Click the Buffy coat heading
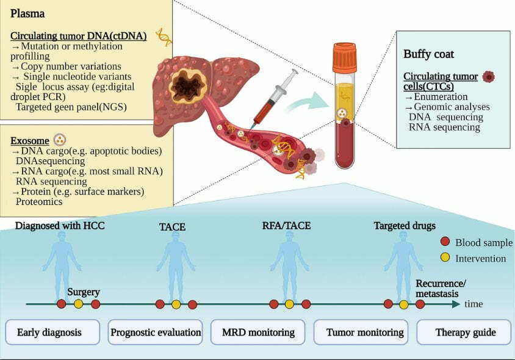pyautogui.click(x=428, y=54)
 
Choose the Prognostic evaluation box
pyautogui.click(x=156, y=333)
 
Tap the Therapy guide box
pyautogui.click(x=465, y=333)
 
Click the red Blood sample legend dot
pyautogui.click(x=445, y=242)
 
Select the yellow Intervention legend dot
pyautogui.click(x=445, y=258)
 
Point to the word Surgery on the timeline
pyautogui.click(x=84, y=292)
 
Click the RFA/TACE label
pyautogui.click(x=286, y=226)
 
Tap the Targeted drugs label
pyautogui.click(x=405, y=226)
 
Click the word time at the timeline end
pyautogui.click(x=474, y=304)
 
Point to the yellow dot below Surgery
pyautogui.click(x=78, y=304)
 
